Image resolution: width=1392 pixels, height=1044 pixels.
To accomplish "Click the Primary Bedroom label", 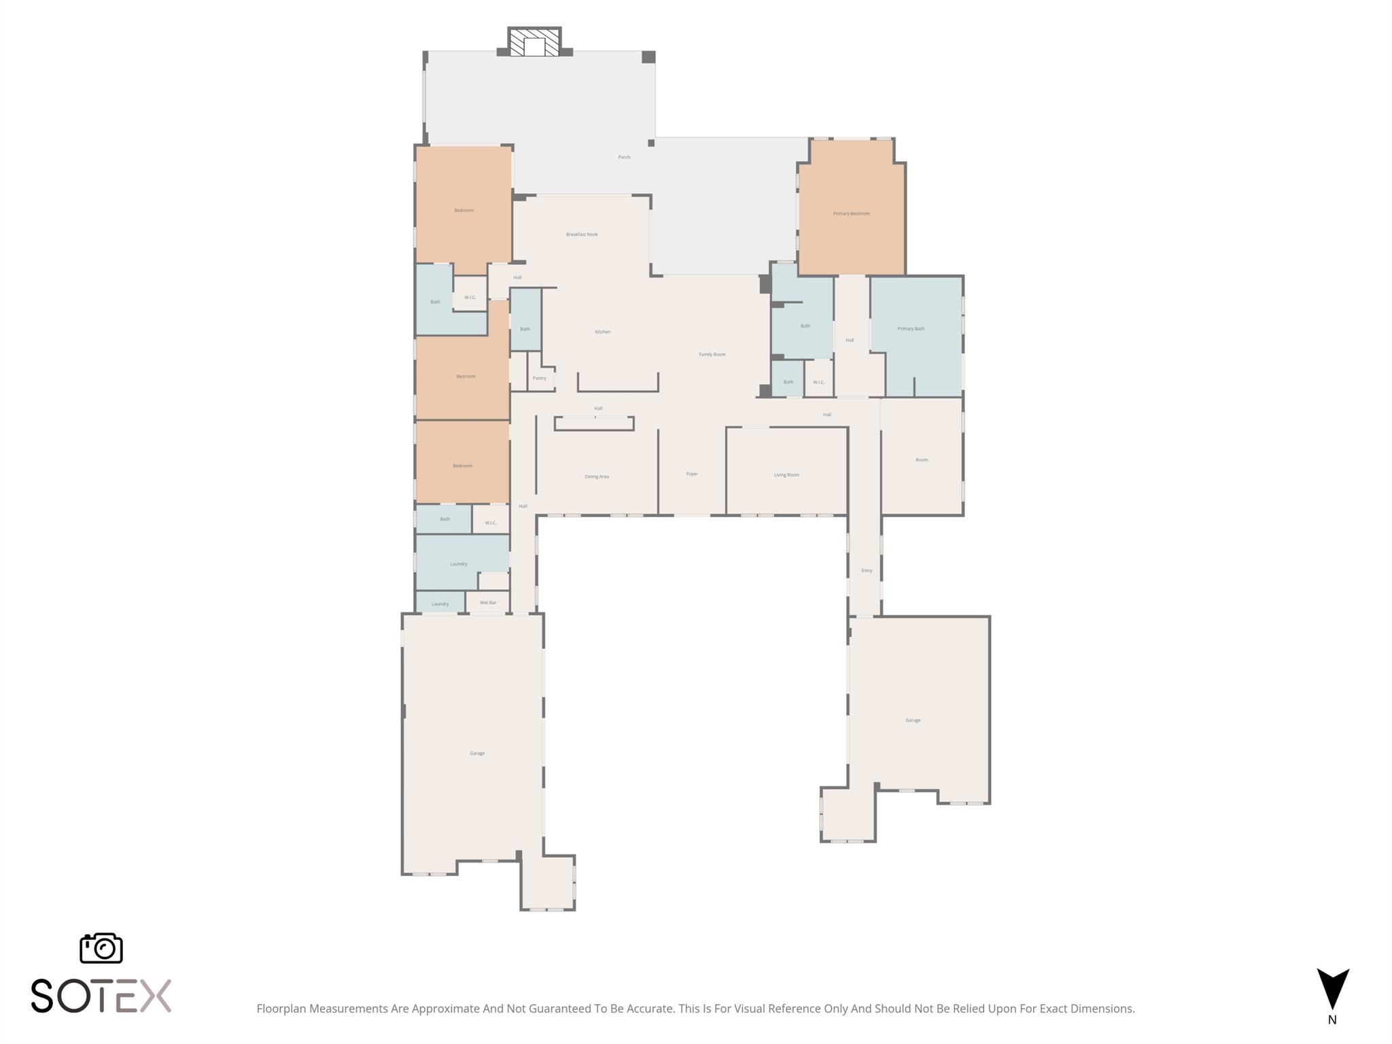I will click(851, 213).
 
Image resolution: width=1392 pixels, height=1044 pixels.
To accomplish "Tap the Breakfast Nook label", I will click(582, 234).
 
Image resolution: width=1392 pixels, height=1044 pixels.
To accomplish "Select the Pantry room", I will click(540, 378).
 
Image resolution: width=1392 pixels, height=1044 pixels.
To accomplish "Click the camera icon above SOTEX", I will click(101, 947).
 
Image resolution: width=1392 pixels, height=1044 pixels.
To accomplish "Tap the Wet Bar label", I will click(488, 603).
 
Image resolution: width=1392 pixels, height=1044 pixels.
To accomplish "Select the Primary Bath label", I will click(911, 329).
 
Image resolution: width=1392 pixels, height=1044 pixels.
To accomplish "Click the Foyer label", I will click(692, 474).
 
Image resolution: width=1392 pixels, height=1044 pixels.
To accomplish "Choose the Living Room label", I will click(786, 475).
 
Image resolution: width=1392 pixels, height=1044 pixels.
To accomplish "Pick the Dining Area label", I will click(597, 476).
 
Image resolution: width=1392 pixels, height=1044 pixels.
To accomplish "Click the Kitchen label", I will click(602, 332).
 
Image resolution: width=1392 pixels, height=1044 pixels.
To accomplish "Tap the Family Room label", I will click(712, 354).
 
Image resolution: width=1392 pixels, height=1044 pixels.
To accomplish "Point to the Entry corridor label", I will click(867, 571).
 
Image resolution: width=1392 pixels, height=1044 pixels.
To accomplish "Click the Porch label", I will click(624, 157).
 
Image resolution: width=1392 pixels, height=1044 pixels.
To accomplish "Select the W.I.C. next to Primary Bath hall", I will click(818, 383).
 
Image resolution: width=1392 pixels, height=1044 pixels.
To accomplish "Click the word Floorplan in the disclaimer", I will click(281, 1009).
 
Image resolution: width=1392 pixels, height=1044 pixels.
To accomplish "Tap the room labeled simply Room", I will click(922, 460).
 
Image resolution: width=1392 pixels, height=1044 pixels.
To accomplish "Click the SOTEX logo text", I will click(101, 996).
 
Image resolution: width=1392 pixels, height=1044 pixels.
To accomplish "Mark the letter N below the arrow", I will click(1332, 1020).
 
